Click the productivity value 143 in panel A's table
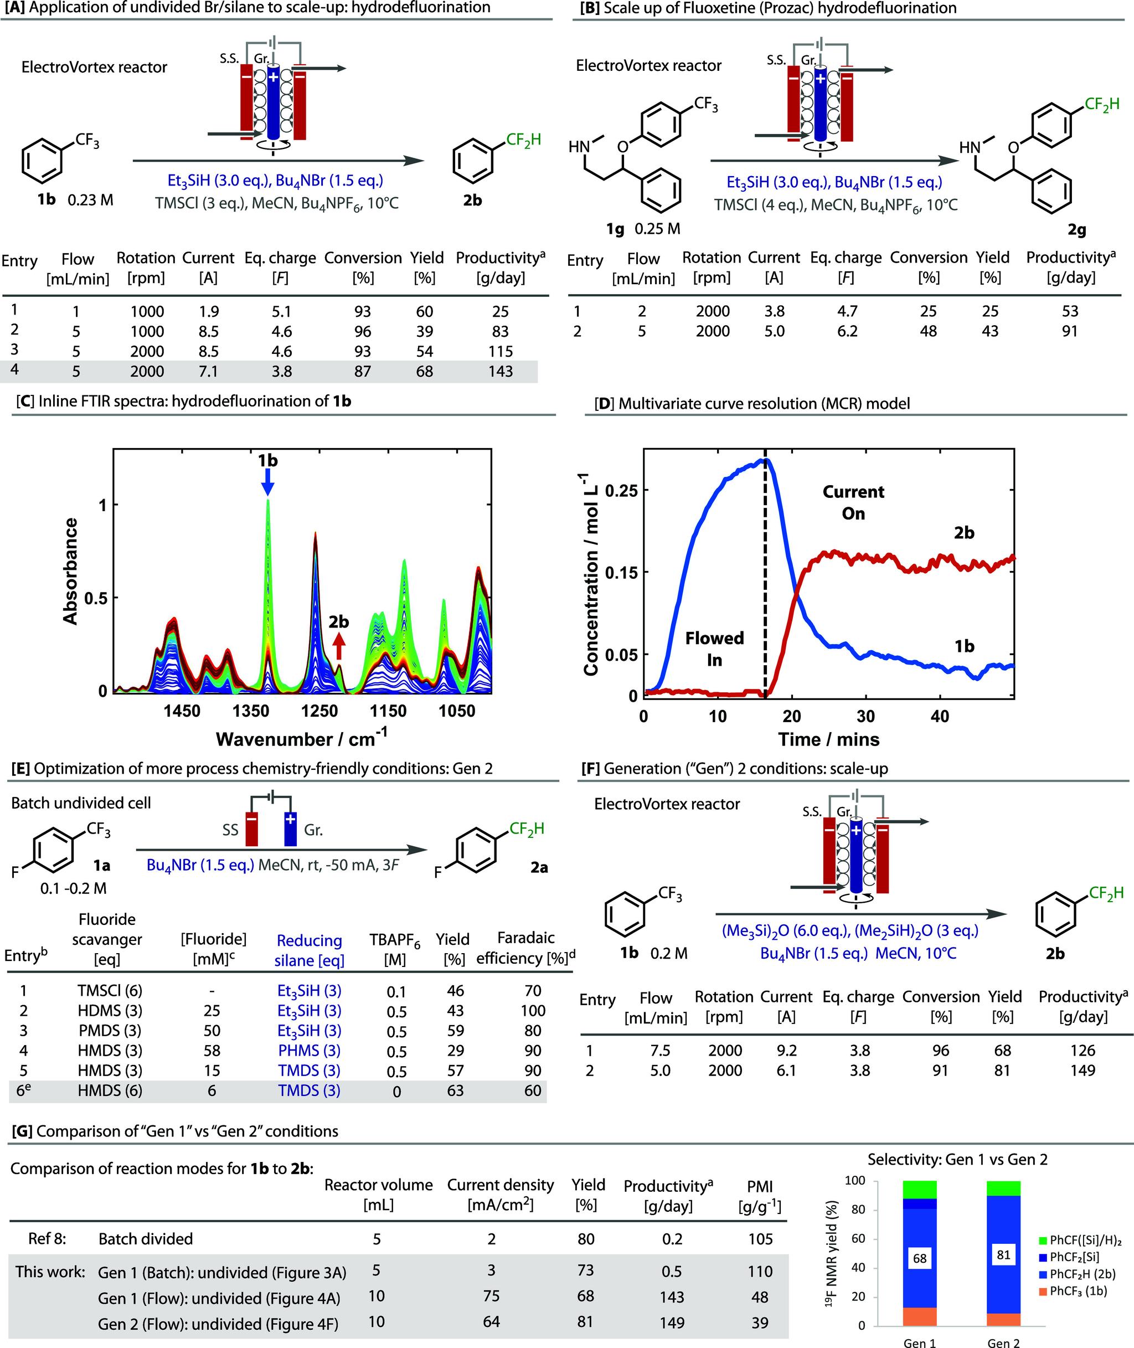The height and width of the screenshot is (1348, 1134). point(500,371)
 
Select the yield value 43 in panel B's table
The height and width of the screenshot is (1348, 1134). point(990,331)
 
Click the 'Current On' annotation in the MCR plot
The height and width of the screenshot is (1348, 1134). point(853,503)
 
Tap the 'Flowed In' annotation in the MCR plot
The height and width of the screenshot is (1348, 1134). point(714,649)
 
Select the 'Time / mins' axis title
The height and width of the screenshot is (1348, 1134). point(829,739)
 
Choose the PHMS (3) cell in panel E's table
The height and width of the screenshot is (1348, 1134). point(308,1051)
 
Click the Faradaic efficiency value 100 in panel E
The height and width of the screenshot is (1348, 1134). point(532,1011)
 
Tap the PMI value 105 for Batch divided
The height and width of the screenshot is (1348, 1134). point(760,1239)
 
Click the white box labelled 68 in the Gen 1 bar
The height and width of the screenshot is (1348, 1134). point(920,1258)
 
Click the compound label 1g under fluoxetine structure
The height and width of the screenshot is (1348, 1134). point(615,229)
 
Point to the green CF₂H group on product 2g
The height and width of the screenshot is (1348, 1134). point(1102,104)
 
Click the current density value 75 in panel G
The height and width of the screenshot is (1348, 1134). point(491,1296)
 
